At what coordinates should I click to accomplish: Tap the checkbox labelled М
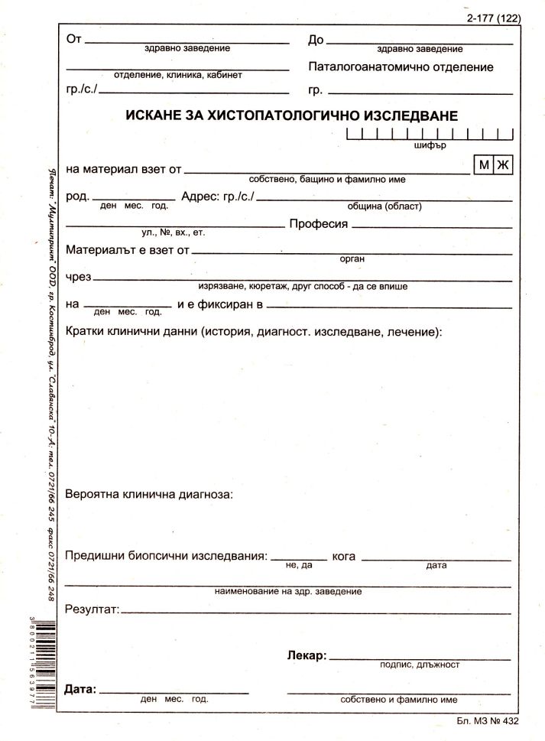483,165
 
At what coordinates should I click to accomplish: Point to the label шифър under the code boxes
428,145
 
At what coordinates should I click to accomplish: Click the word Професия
318,224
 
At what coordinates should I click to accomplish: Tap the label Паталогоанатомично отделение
401,67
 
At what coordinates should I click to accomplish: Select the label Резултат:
92,609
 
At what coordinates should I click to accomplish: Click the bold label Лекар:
307,655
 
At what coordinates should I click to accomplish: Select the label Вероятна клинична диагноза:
150,494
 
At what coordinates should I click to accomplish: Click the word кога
344,556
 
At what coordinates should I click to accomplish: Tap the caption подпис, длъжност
420,665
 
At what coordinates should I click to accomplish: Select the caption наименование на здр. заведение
288,591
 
